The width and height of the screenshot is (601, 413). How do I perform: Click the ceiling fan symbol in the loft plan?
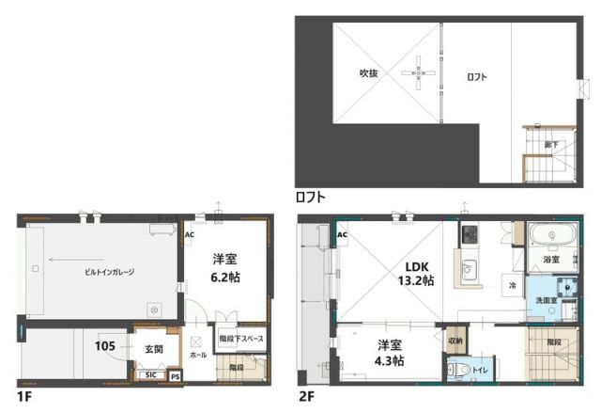(x=417, y=72)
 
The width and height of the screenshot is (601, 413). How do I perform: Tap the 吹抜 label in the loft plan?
(x=368, y=73)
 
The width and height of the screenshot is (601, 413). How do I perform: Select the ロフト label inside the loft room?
(x=476, y=77)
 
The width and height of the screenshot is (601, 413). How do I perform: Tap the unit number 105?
(x=105, y=346)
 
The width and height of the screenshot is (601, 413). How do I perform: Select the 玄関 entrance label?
(x=153, y=348)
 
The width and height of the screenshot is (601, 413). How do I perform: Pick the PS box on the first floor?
(x=175, y=375)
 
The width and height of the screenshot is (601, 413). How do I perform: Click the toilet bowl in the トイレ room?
(x=457, y=371)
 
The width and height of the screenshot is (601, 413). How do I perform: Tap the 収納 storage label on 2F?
(x=455, y=341)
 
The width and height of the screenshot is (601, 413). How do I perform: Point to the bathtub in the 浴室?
(x=552, y=235)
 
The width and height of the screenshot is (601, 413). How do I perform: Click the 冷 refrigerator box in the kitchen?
(x=513, y=285)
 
